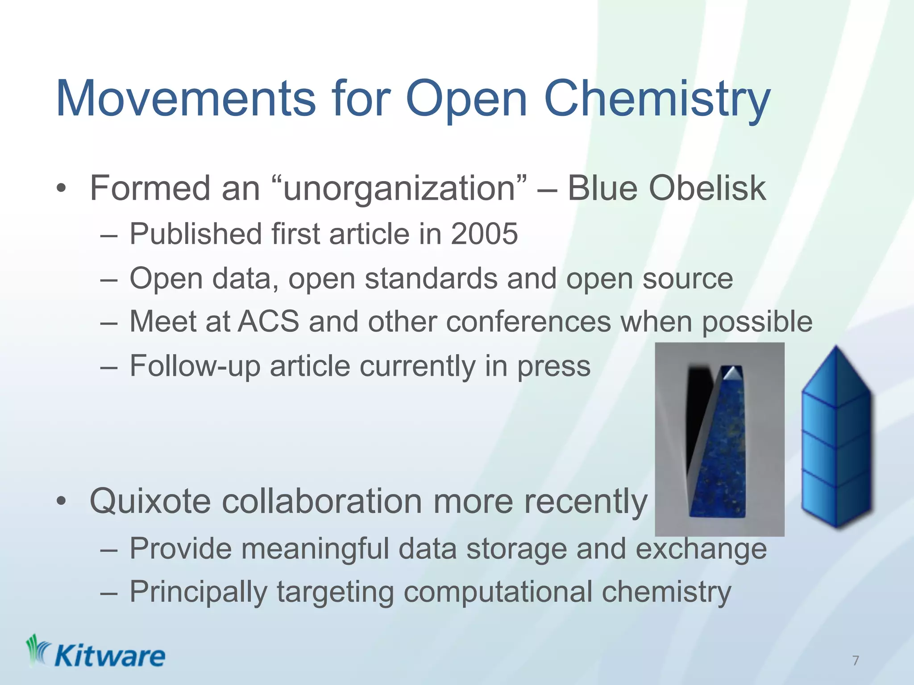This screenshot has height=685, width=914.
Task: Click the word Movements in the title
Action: click(186, 99)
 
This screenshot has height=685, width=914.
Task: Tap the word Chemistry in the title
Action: click(657, 99)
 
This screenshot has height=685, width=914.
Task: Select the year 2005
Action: click(484, 234)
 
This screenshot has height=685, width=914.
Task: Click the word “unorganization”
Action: click(399, 189)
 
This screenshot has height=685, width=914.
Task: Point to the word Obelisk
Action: click(707, 189)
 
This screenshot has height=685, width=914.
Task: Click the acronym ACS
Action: click(268, 321)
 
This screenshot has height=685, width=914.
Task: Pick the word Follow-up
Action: click(195, 366)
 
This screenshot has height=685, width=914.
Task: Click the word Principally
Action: click(198, 592)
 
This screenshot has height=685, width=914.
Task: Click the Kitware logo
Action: click(96, 652)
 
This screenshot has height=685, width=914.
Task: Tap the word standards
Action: click(431, 278)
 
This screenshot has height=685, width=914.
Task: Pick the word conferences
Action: click(528, 321)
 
